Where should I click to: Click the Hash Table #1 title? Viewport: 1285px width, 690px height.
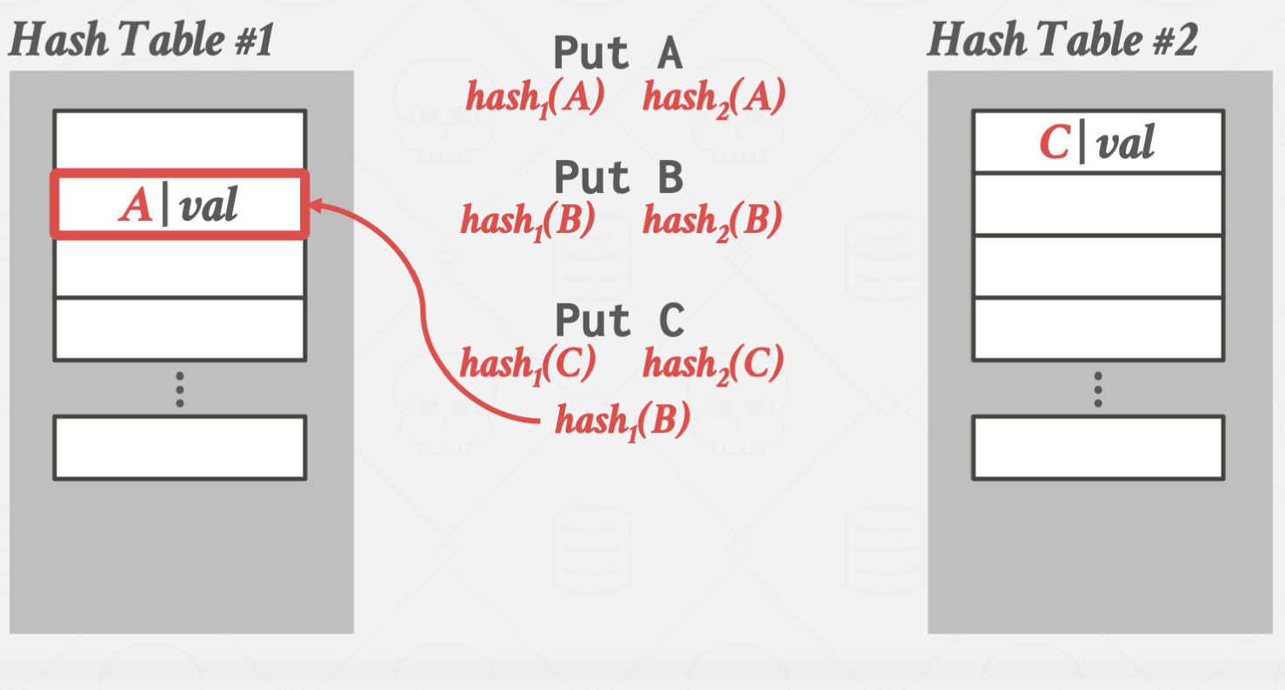pyautogui.click(x=141, y=41)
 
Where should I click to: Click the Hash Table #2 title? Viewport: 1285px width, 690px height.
pyautogui.click(x=1062, y=41)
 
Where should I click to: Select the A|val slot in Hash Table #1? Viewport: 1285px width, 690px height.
pyautogui.click(x=179, y=205)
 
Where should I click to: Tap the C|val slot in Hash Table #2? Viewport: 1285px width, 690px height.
pyautogui.click(x=1097, y=142)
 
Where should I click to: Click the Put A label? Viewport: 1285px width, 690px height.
pyautogui.click(x=617, y=54)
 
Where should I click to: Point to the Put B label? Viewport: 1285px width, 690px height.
pyautogui.click(x=618, y=178)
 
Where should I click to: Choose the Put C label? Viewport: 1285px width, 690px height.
pyautogui.click(x=619, y=321)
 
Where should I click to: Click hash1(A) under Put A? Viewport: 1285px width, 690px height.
pyautogui.click(x=535, y=97)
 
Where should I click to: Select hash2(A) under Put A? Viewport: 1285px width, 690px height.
pyautogui.click(x=714, y=97)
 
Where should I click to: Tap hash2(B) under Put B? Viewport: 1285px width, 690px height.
pyautogui.click(x=712, y=221)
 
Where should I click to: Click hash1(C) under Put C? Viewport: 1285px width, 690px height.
pyautogui.click(x=527, y=362)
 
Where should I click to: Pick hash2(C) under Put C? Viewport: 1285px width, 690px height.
pyautogui.click(x=713, y=362)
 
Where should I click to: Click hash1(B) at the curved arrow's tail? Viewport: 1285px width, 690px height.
pyautogui.click(x=623, y=421)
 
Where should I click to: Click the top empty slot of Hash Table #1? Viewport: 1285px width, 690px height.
pyautogui.click(x=179, y=140)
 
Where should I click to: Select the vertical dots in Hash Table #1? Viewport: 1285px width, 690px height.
pyautogui.click(x=179, y=389)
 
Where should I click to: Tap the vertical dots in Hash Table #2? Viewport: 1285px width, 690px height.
pyautogui.click(x=1098, y=389)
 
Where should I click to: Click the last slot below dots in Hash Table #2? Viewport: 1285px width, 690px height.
pyautogui.click(x=1098, y=448)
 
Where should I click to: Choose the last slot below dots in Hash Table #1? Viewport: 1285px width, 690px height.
pyautogui.click(x=179, y=448)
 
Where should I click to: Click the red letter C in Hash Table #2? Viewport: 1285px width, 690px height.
pyautogui.click(x=1054, y=143)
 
